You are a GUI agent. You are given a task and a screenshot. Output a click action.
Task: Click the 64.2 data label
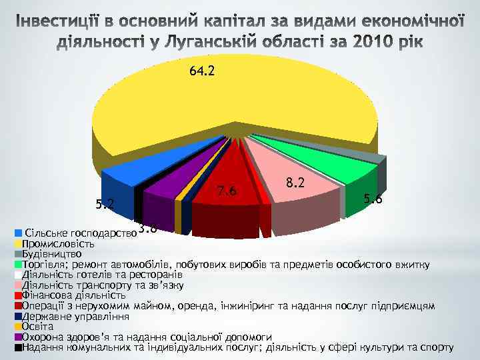coord(202,71)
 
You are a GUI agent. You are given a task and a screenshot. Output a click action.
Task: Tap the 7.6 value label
coord(227,192)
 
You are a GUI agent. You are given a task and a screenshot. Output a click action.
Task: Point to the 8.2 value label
coord(294,182)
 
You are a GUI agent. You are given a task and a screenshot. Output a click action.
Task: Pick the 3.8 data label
coord(148,228)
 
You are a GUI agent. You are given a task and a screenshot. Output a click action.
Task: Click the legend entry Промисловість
coord(57,244)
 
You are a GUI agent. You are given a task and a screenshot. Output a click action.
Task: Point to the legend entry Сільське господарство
coord(80,233)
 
